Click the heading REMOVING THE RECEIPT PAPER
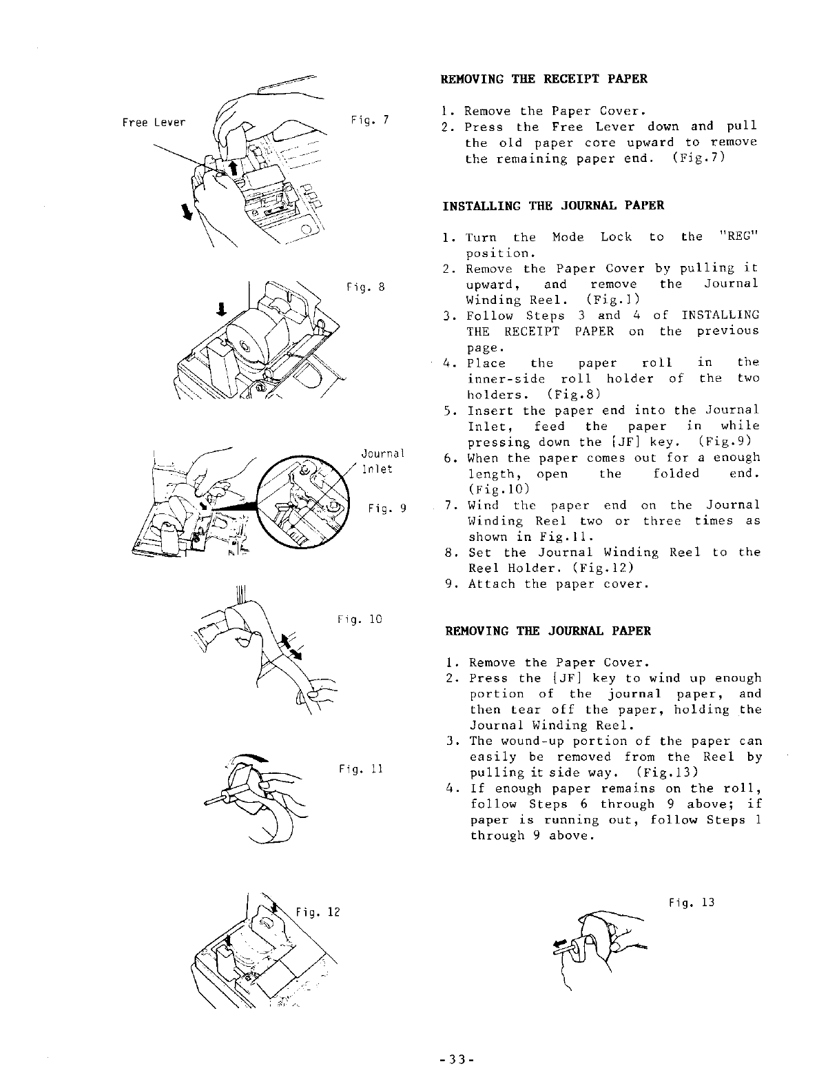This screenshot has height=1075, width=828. pyautogui.click(x=544, y=79)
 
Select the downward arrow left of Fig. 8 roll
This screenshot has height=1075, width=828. pyautogui.click(x=222, y=307)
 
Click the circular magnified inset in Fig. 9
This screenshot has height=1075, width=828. pyautogui.click(x=300, y=505)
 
